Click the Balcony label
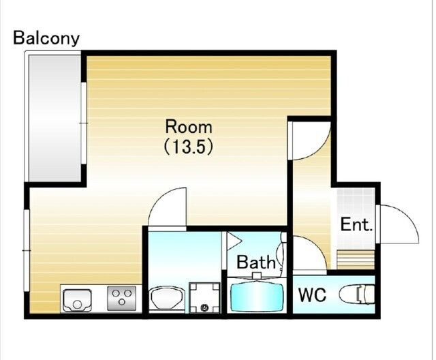pos(46,38)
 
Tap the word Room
pos(189,127)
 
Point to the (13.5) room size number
pos(189,147)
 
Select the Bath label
pos(256,262)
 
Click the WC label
pos(312,295)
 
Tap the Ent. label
pos(356,224)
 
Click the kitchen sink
pos(77,301)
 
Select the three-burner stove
pos(122,298)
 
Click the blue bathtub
pos(256,295)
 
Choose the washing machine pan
pos(204,297)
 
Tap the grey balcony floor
pos(54,118)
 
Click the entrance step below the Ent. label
pos(356,260)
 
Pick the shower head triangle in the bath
pos(234,241)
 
